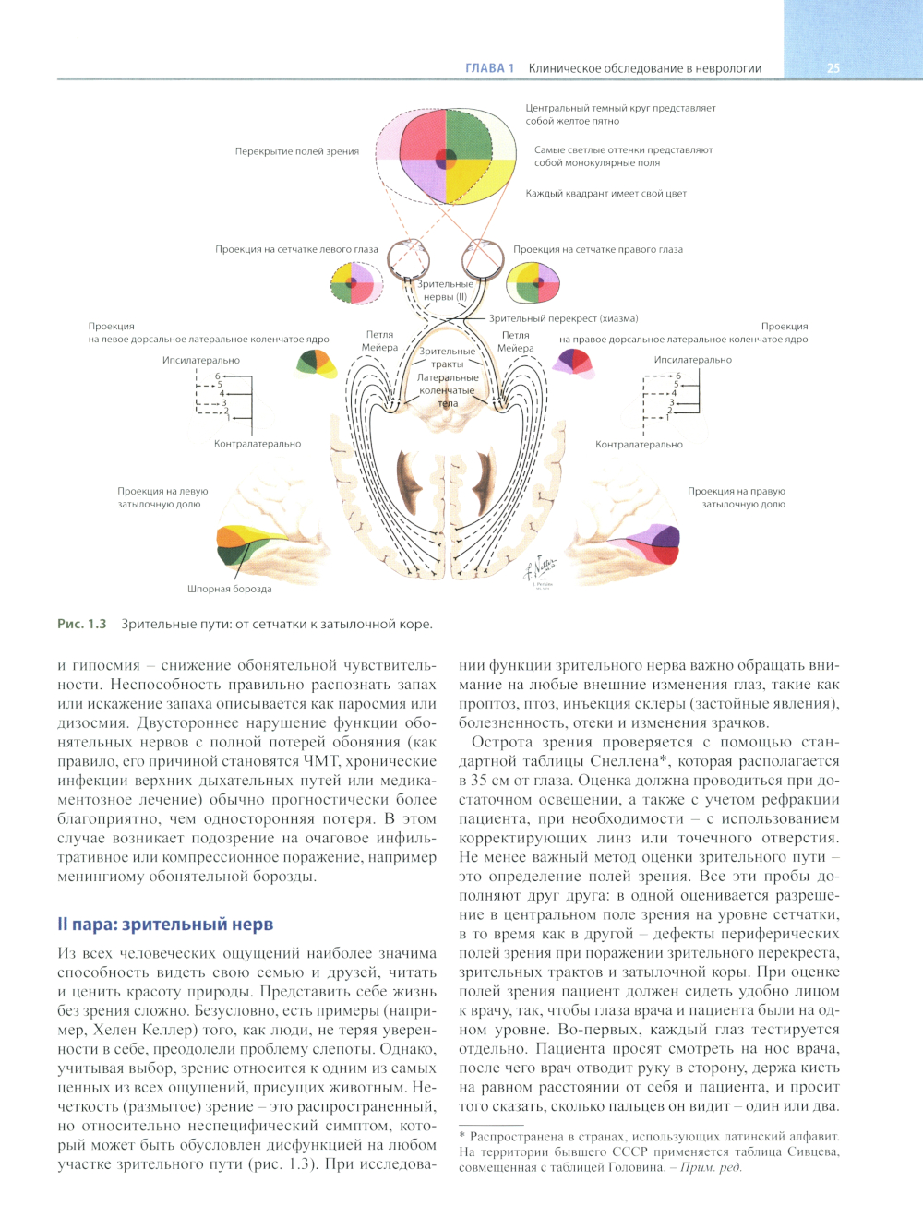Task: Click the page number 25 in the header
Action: (x=833, y=68)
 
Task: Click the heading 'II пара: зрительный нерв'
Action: (x=165, y=925)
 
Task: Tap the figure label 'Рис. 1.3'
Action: (x=82, y=625)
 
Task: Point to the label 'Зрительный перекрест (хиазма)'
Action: (x=563, y=318)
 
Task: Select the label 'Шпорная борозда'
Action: (x=230, y=589)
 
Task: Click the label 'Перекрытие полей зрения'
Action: (x=296, y=151)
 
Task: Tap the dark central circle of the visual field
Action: (x=446, y=158)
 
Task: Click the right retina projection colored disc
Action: (x=533, y=282)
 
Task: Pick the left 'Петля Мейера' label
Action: (x=379, y=341)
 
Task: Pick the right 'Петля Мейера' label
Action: (x=516, y=341)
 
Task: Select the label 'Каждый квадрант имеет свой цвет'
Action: (x=605, y=194)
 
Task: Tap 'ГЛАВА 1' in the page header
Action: (x=489, y=68)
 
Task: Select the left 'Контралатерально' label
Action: (x=258, y=444)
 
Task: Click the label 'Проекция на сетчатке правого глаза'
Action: (x=598, y=249)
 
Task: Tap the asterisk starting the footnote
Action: (x=462, y=1137)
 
